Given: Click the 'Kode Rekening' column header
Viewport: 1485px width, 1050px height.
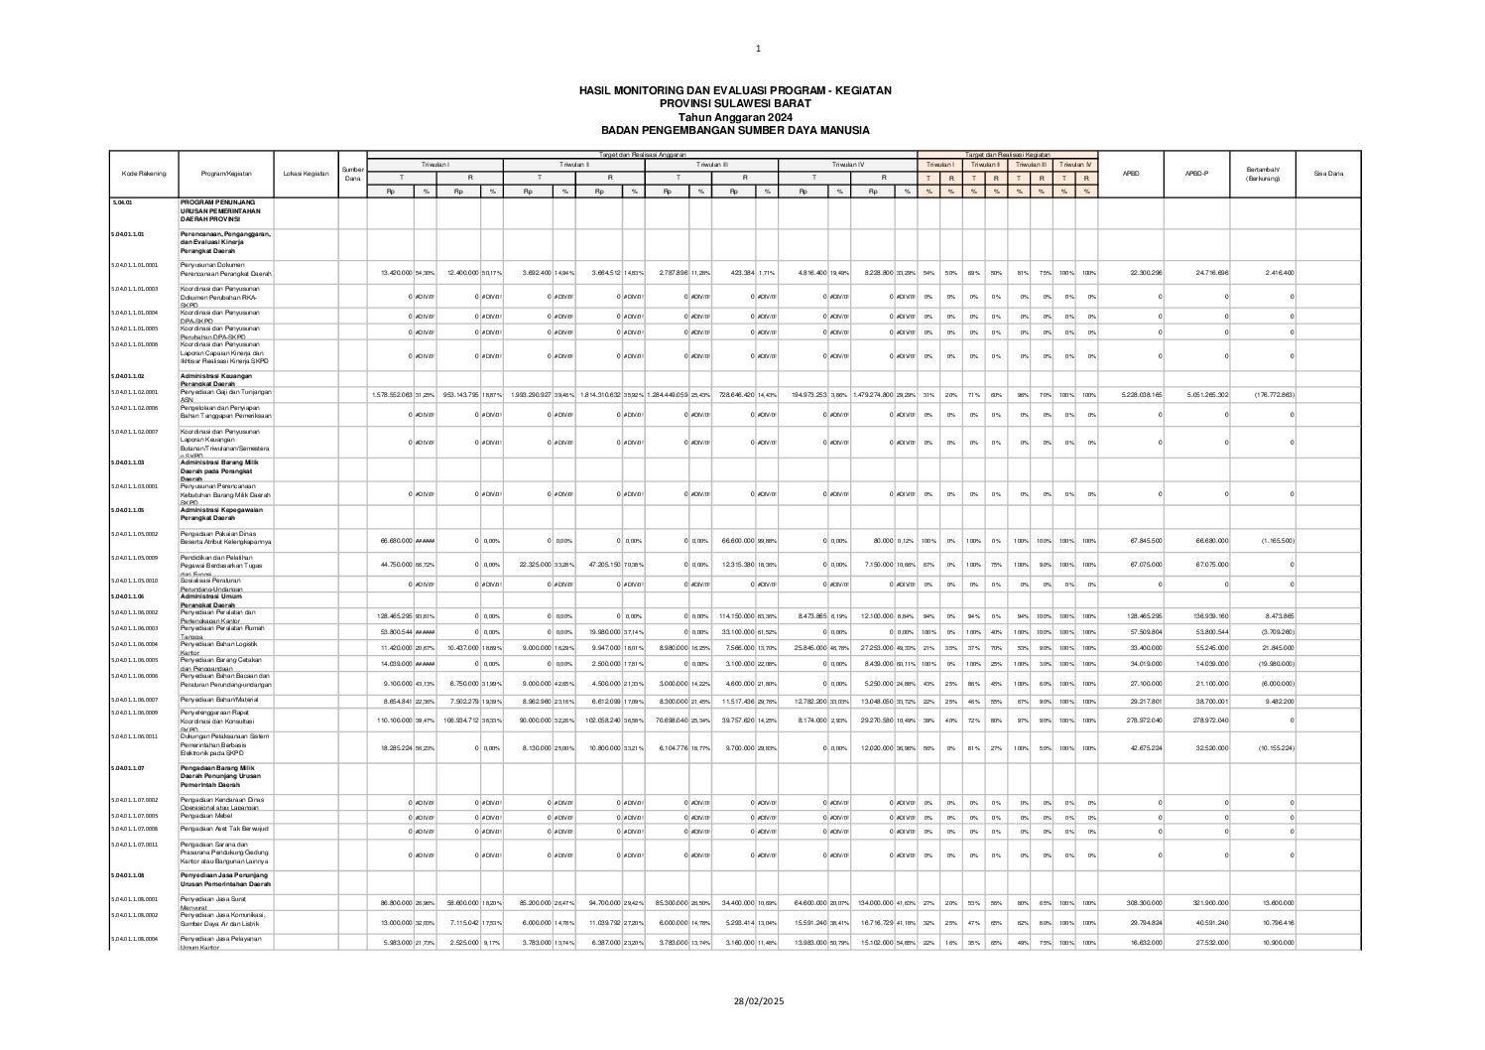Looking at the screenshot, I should pos(144,174).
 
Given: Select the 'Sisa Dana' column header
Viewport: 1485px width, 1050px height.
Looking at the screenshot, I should pos(1328,174).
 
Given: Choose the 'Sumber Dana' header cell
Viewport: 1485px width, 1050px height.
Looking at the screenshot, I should pos(353,174).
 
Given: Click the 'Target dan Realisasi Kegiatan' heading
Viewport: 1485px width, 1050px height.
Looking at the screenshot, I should pos(1007,154).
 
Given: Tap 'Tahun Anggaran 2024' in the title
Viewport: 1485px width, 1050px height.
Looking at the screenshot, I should pos(735,117).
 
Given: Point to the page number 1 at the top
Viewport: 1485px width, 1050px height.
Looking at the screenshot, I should pos(758,48).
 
